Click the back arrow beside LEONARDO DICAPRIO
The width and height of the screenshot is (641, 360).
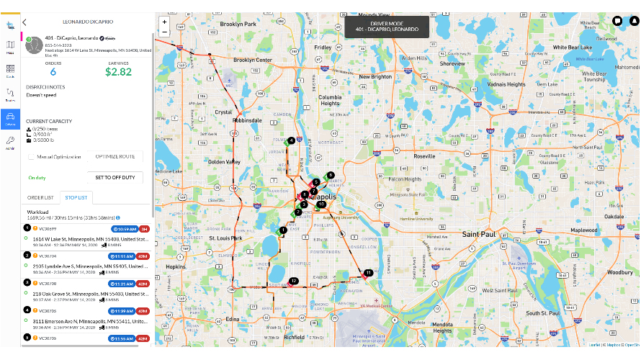click(24, 23)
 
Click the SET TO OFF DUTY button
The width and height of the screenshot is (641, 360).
click(115, 177)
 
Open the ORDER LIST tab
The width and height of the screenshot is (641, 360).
click(40, 197)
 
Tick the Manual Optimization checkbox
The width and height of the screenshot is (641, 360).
click(32, 156)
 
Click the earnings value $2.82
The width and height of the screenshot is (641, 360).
click(118, 71)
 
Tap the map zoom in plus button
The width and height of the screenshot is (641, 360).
click(165, 22)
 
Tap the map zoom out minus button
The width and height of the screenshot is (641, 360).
click(165, 32)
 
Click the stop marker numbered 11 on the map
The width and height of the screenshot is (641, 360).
click(368, 273)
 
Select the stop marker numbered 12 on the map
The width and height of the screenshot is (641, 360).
click(293, 280)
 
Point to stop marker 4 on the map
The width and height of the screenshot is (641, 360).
click(290, 140)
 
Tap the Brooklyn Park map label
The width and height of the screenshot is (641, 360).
click(238, 24)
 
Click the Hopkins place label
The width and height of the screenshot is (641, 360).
click(176, 266)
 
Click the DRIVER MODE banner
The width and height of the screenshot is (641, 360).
click(385, 27)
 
